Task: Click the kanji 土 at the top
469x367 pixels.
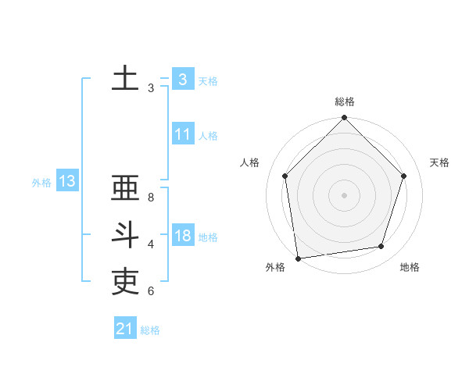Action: pyautogui.click(x=125, y=79)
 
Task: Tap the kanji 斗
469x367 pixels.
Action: pyautogui.click(x=125, y=236)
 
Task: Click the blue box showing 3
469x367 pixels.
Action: pyautogui.click(x=182, y=79)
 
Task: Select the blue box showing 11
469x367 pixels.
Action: pyautogui.click(x=182, y=134)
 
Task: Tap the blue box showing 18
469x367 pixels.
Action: pyautogui.click(x=182, y=236)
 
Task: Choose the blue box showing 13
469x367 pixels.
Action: pyautogui.click(x=67, y=182)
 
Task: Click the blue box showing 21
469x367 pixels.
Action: pyautogui.click(x=124, y=329)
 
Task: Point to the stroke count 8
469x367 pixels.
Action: pyautogui.click(x=151, y=198)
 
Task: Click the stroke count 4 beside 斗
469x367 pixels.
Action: pyautogui.click(x=151, y=244)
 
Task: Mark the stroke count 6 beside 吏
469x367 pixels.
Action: pyautogui.click(x=151, y=291)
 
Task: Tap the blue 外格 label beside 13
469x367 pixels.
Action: pyautogui.click(x=41, y=183)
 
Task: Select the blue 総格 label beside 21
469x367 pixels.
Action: pyautogui.click(x=150, y=330)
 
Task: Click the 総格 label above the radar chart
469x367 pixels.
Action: pyautogui.click(x=344, y=102)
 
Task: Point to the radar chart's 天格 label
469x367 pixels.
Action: pyautogui.click(x=440, y=162)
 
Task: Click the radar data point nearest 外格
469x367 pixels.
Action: pyautogui.click(x=298, y=258)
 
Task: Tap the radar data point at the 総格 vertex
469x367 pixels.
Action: pyautogui.click(x=344, y=118)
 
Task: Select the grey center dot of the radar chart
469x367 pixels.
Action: pyautogui.click(x=344, y=194)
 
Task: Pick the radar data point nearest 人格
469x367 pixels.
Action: pyautogui.click(x=285, y=176)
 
